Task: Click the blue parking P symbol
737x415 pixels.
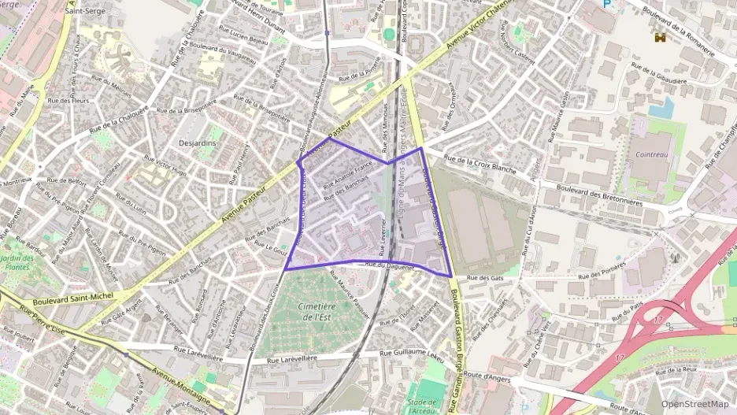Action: click(606, 5)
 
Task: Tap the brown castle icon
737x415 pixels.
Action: click(659, 36)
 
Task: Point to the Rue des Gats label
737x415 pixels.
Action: click(485, 278)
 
